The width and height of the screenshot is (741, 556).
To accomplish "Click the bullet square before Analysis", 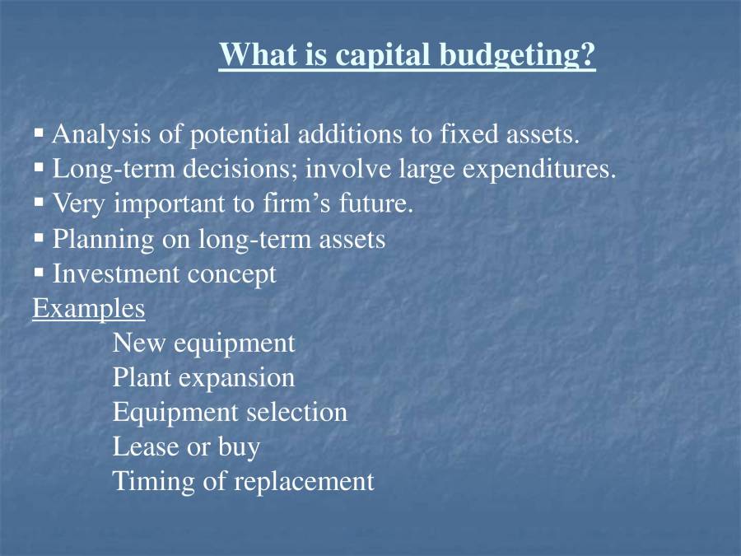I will (x=39, y=132).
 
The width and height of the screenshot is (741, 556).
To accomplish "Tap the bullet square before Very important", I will (x=39, y=201).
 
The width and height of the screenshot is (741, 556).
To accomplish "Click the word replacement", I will (x=304, y=481).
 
